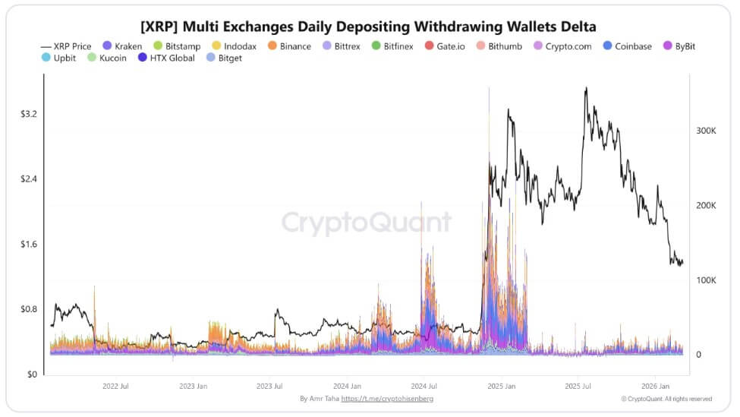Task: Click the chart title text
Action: (x=369, y=27)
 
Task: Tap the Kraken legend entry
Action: (x=121, y=46)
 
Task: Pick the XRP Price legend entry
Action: (x=66, y=46)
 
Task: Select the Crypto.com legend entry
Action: (x=563, y=46)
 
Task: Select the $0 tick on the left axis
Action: (x=31, y=374)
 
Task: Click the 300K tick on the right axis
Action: (x=707, y=131)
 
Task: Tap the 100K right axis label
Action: (x=707, y=280)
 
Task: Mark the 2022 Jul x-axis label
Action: (x=115, y=386)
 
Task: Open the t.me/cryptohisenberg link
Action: (x=387, y=399)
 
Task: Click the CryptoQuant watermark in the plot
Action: (x=367, y=223)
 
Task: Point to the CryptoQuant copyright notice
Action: (x=666, y=399)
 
